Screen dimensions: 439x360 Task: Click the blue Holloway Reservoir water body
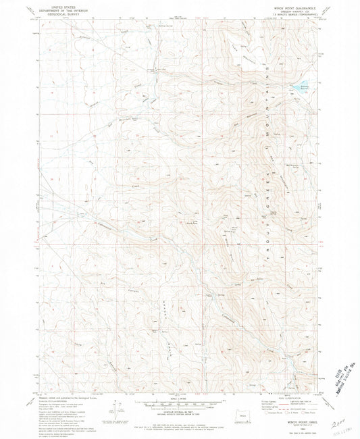point(298,87)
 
